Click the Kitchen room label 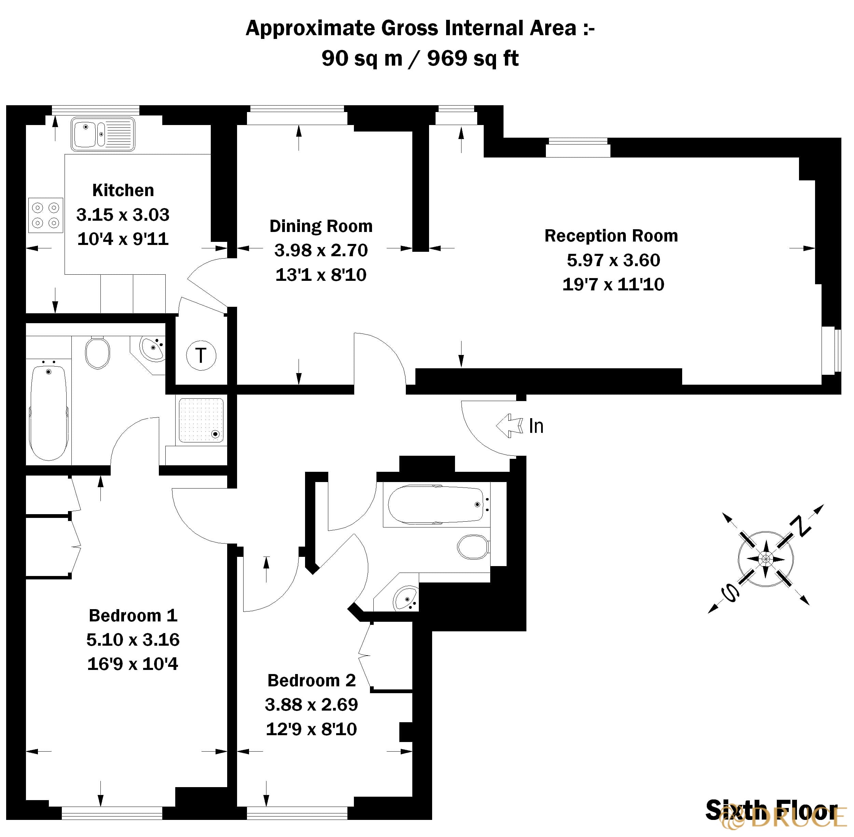(x=123, y=190)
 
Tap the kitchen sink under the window (x=103, y=134)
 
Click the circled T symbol (x=201, y=355)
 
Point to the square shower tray (x=201, y=420)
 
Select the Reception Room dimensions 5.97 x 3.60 (x=613, y=260)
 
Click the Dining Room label (x=321, y=226)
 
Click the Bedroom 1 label (x=133, y=615)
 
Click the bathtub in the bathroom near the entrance (x=435, y=504)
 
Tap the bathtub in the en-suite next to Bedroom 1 (x=49, y=413)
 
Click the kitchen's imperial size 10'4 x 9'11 (x=123, y=239)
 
